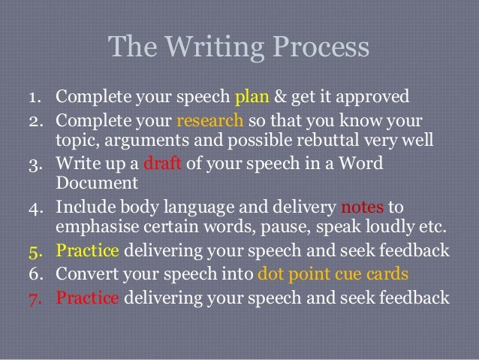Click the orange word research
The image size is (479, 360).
pyautogui.click(x=210, y=122)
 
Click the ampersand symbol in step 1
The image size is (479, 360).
pyautogui.click(x=282, y=98)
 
